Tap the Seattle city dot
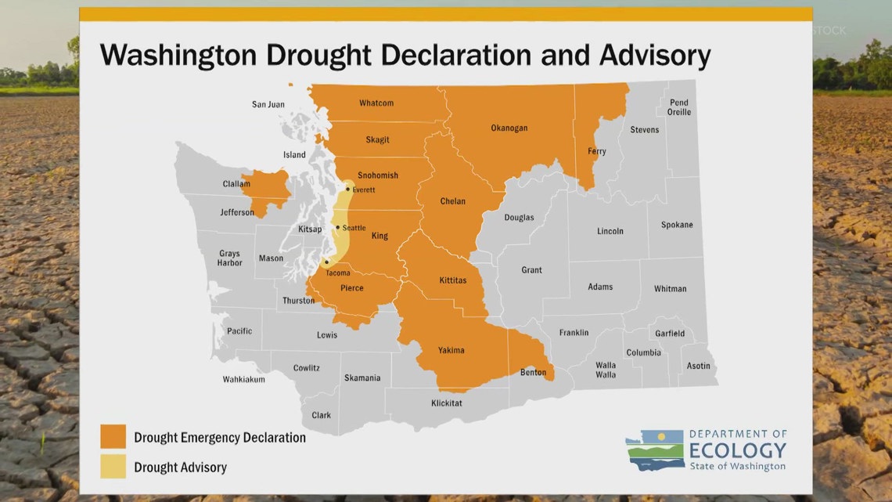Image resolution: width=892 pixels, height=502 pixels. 337,227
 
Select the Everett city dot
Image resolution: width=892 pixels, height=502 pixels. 347,189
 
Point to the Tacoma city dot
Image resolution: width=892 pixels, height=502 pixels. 326,262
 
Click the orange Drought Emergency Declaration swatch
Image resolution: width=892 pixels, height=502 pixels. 113,437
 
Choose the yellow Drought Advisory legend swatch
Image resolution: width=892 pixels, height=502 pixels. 113,467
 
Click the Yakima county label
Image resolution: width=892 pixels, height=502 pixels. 451,350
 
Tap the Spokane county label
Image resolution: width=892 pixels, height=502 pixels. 677,225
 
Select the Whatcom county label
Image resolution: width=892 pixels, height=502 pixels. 376,103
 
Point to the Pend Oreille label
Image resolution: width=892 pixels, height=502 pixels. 678,107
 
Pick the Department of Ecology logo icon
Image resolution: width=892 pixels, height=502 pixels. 654,450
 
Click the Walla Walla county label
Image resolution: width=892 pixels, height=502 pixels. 605,370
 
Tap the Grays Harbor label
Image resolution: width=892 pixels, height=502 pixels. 229,258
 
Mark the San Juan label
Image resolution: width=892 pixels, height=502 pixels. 268,104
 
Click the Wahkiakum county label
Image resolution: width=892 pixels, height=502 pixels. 243,379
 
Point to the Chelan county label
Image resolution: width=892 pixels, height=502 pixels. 452,201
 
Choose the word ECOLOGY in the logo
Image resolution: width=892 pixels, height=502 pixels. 737,450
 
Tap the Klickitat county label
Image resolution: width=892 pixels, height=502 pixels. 446,403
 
